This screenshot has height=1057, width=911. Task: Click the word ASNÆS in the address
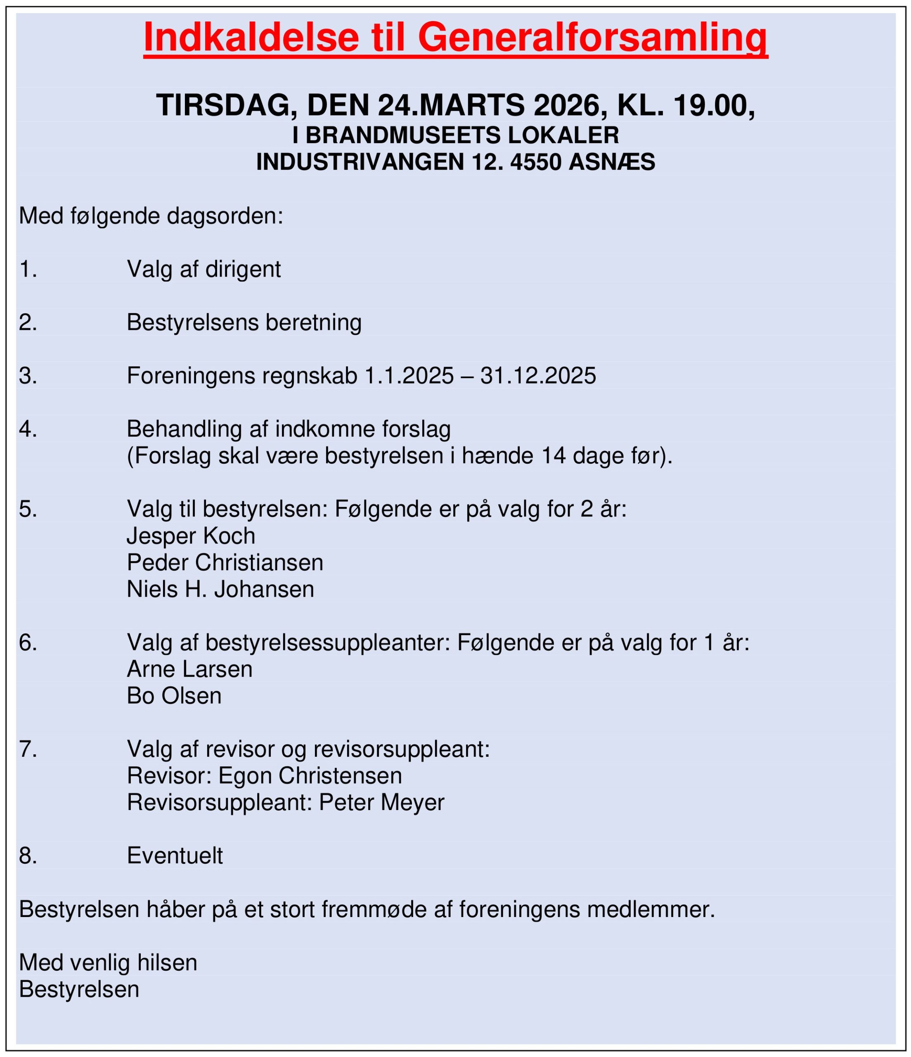[612, 162]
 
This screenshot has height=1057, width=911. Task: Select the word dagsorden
[225, 216]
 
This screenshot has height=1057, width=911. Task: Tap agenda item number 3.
[28, 376]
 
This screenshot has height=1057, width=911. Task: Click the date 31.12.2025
[538, 376]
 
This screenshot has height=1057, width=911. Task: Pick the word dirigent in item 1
[243, 269]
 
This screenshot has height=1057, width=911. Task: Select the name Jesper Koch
[191, 536]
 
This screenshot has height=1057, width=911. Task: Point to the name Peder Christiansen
[225, 563]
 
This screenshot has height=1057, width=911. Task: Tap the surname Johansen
[264, 589]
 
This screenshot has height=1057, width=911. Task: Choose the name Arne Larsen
[189, 669]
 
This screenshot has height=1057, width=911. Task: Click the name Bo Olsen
[174, 696]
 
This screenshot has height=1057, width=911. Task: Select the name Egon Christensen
[310, 775]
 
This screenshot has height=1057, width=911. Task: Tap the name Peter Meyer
[381, 802]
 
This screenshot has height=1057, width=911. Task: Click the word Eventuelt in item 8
[175, 856]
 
